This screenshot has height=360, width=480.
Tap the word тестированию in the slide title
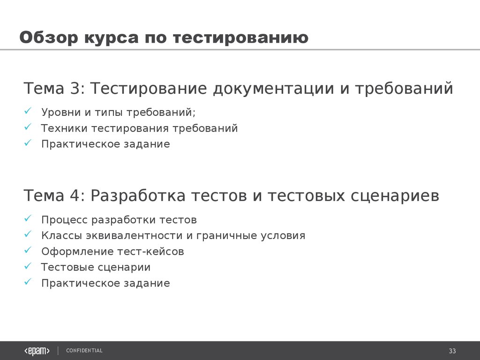[240, 37]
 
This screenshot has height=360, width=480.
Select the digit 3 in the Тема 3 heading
[75, 89]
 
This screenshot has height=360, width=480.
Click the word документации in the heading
[273, 89]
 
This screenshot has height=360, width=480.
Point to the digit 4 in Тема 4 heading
[75, 196]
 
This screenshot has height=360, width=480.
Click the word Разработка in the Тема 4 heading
[138, 196]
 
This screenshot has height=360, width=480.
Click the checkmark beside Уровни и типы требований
[28, 111]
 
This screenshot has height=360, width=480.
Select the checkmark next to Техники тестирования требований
[28, 127]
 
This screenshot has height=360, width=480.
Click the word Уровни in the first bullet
[61, 112]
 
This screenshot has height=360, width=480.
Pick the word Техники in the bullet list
[64, 128]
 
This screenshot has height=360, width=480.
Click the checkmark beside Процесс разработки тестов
[28, 218]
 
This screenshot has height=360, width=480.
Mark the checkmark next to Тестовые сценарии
[28, 266]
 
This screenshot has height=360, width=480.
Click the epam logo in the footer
[37, 351]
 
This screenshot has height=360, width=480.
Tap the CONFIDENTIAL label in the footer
[84, 351]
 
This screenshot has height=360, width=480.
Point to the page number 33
[452, 351]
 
